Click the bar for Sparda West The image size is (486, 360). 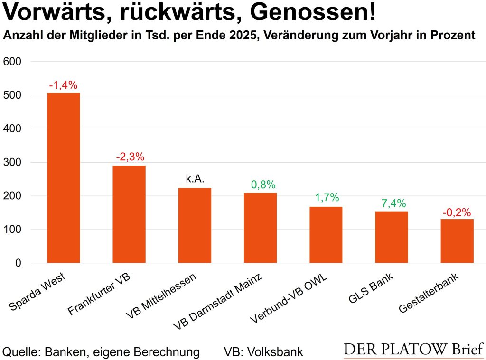click(63, 178)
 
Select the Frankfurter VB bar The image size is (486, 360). click(129, 214)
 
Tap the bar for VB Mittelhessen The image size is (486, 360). click(195, 225)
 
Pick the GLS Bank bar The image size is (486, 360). click(392, 237)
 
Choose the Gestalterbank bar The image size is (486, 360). click(457, 241)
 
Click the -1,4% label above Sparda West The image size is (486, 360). click(63, 85)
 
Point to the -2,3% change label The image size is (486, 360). click(129, 157)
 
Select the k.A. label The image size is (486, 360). click(195, 179)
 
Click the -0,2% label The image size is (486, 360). click(457, 212)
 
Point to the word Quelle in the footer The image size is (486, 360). click(20, 352)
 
